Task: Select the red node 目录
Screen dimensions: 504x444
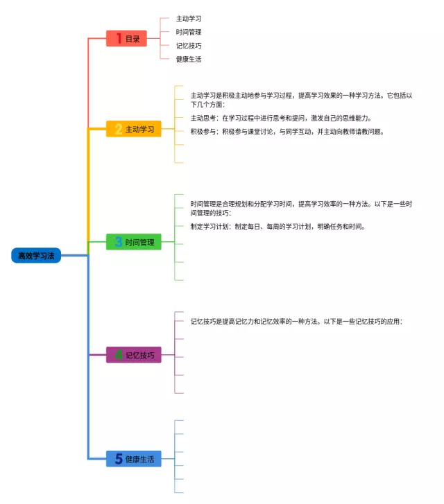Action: tap(127, 39)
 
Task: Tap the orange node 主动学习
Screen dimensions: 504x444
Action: tap(134, 129)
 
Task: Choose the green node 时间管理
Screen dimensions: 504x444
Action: tap(134, 242)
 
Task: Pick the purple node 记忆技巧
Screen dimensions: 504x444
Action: tap(134, 356)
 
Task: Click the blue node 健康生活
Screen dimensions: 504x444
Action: tap(134, 459)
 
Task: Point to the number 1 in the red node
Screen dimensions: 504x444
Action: tap(119, 39)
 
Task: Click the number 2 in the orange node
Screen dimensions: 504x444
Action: tap(118, 129)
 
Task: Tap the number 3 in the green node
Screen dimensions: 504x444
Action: tap(118, 242)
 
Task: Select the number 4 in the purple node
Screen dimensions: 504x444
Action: tap(118, 356)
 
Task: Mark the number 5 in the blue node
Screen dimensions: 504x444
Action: tap(118, 459)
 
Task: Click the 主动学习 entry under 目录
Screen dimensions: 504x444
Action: tap(189, 19)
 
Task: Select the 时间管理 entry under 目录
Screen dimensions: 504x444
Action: tap(189, 32)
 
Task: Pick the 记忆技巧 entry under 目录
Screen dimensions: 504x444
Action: tap(189, 45)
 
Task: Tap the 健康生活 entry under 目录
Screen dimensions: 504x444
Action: tap(189, 59)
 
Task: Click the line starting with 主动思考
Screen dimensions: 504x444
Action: tap(281, 118)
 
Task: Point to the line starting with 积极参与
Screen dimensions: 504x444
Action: tap(287, 131)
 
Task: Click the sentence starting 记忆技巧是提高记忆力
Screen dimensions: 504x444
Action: tap(296, 322)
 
